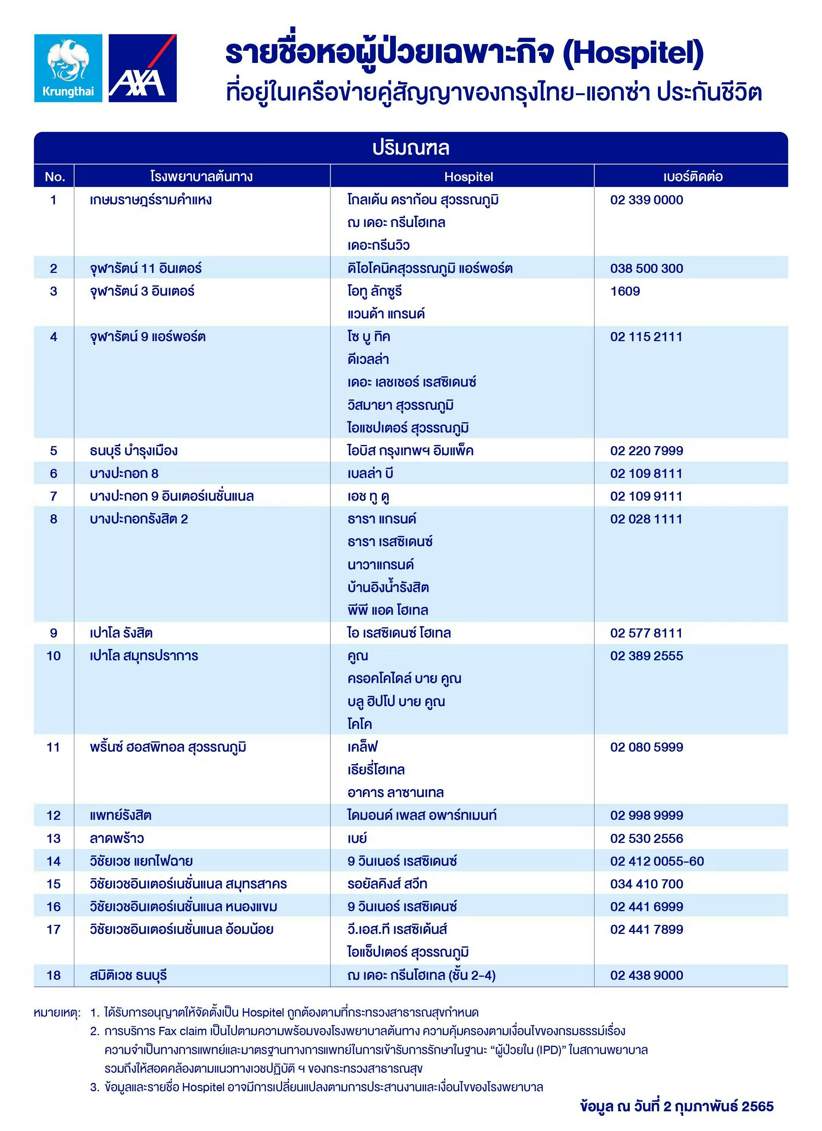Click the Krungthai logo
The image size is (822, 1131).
(68, 68)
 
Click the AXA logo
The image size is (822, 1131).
(143, 68)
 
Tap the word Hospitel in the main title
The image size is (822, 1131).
(632, 53)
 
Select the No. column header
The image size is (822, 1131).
(54, 177)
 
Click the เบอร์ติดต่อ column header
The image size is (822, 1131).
(693, 177)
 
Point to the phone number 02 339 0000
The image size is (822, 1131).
(646, 200)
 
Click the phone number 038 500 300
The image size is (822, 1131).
(646, 268)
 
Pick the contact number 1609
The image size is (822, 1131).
(625, 291)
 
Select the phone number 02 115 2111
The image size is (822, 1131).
(646, 337)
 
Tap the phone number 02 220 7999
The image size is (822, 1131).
(646, 451)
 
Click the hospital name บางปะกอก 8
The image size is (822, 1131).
(124, 473)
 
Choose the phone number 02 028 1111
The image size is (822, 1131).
(646, 519)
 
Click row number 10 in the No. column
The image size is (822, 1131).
(53, 656)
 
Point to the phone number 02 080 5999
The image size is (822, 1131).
(646, 747)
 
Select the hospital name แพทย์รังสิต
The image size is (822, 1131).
(121, 815)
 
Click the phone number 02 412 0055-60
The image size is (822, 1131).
(657, 861)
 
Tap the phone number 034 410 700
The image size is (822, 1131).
(646, 883)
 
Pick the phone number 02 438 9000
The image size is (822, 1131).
(646, 975)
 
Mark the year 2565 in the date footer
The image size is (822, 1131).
(758, 1106)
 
